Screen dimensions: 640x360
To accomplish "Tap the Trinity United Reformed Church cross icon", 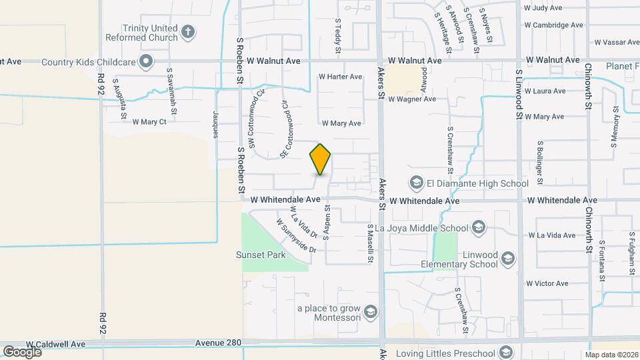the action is coord(189,31).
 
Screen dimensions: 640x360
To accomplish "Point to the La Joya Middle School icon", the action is coord(478,229).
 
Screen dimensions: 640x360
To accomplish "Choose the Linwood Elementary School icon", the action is coord(507,258).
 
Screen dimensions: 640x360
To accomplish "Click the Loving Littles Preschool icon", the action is coord(507,353).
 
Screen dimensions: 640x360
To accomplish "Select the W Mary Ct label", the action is coord(149,122).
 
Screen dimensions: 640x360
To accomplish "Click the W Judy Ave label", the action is coord(543,9).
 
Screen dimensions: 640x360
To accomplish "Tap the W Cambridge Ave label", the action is coord(553,25).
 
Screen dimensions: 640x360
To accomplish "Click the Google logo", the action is coord(22,351).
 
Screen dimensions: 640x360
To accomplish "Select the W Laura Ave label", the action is coord(545,91).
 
